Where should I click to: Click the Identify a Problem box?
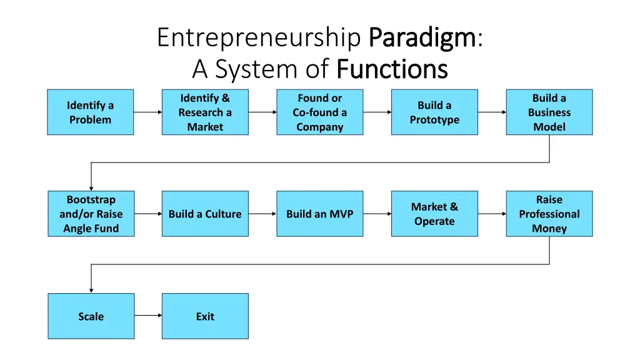pos(90,112)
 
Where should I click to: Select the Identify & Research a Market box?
pos(205,112)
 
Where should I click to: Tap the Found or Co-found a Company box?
pos(319,112)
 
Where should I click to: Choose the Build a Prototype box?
pos(434,112)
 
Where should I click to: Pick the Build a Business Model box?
pos(549,112)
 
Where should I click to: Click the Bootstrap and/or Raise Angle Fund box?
pos(91,214)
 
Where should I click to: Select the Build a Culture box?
pos(205,214)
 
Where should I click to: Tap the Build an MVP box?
pos(319,214)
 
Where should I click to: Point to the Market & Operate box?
pos(434,214)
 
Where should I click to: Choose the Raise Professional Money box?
pos(549,214)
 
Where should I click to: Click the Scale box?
pos(91,316)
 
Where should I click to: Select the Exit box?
pos(205,316)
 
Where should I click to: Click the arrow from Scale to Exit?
pos(147,316)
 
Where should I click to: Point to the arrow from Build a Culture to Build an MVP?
pos(262,214)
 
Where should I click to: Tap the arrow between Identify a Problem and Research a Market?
pos(147,112)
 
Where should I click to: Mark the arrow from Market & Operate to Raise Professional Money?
pos(492,214)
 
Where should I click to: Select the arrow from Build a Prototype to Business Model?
pos(492,112)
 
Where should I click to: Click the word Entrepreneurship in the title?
pos(259,37)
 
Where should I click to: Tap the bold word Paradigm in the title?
pos(422,37)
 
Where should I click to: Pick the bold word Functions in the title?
pos(392,69)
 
